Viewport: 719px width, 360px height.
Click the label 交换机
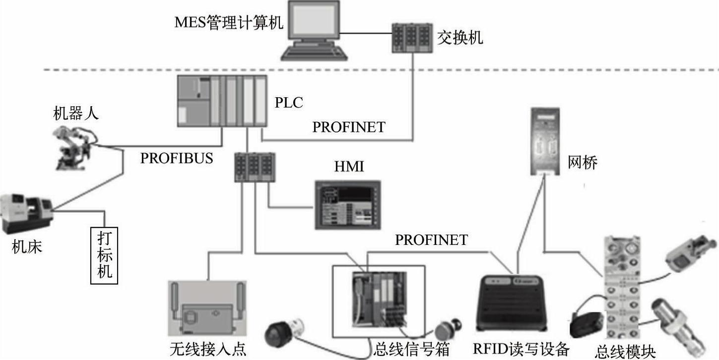click(x=460, y=38)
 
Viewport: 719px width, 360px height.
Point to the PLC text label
click(x=288, y=103)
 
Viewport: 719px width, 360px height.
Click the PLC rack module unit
click(x=222, y=102)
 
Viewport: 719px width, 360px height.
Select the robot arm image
click(x=74, y=146)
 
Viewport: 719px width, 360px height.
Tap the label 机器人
click(x=76, y=114)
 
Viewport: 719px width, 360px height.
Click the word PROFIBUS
click(x=177, y=158)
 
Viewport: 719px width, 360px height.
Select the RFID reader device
click(x=512, y=302)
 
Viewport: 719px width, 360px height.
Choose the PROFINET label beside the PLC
click(x=348, y=127)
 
